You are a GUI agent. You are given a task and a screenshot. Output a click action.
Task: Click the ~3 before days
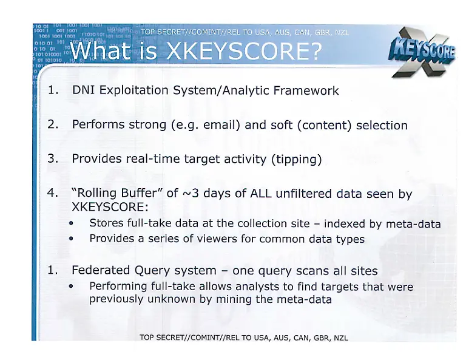tap(189, 194)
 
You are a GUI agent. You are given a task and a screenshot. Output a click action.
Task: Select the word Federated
tap(101, 270)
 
